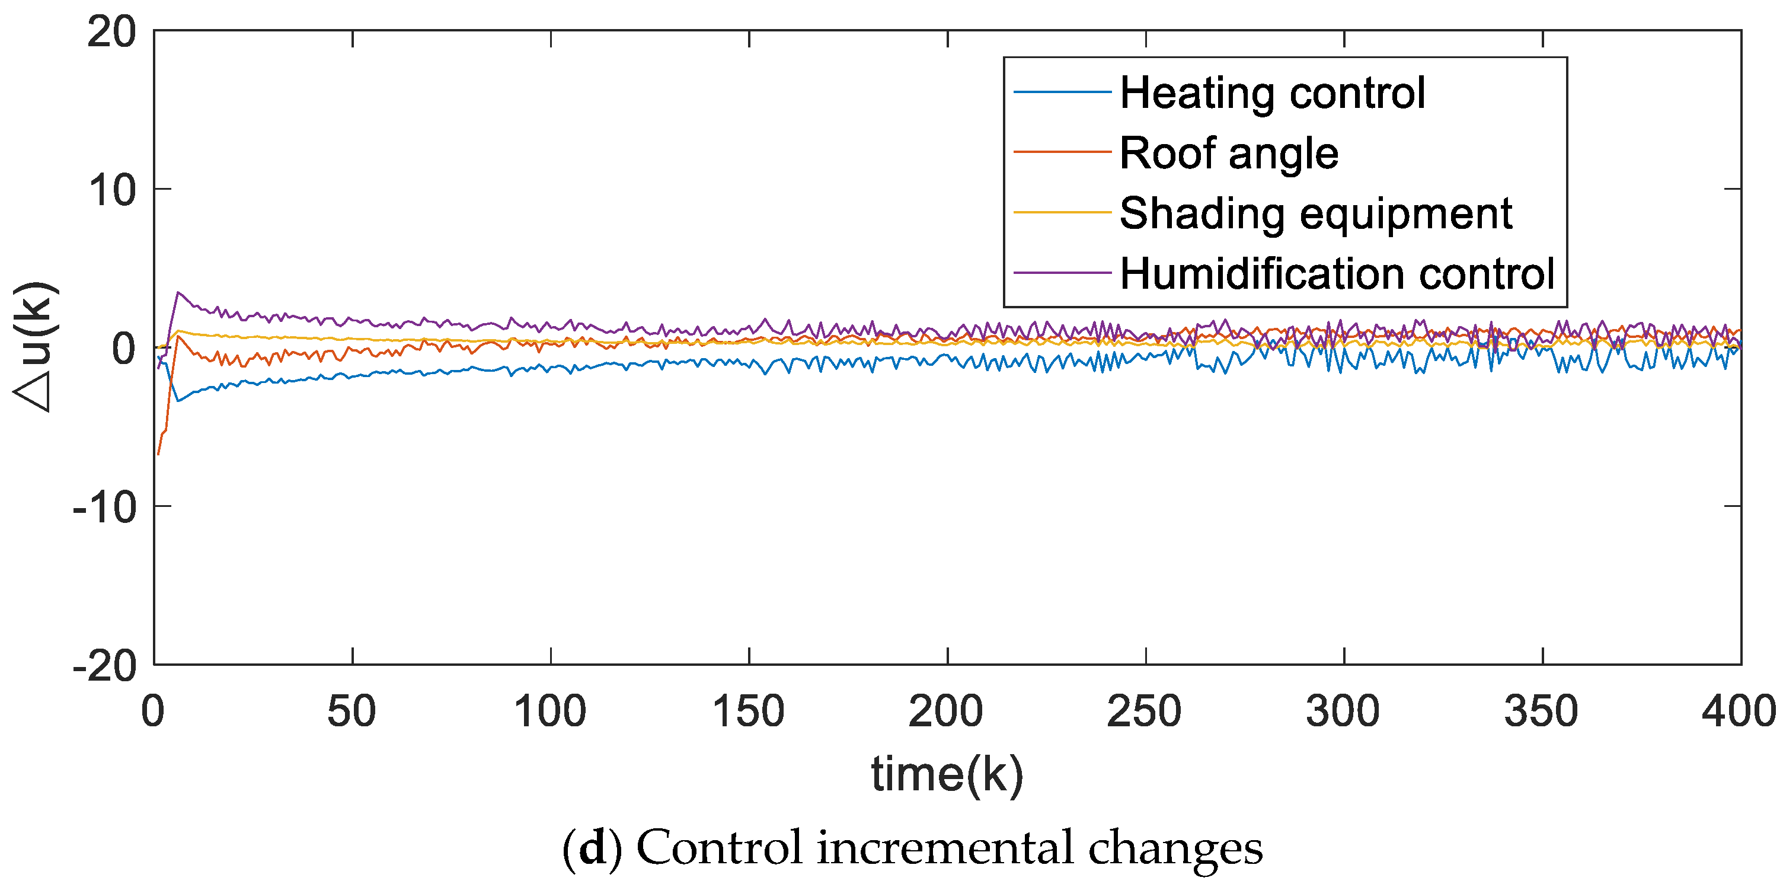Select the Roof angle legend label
tap(1229, 153)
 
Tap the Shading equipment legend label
tap(1316, 213)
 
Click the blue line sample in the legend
tap(1062, 92)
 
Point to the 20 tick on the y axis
tap(111, 32)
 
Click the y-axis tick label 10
tap(111, 190)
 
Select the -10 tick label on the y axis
tap(104, 508)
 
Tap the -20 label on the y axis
tap(104, 666)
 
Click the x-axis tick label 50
tap(352, 711)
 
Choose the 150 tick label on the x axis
tap(748, 711)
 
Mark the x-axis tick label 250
tap(1144, 711)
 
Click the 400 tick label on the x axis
tap(1738, 711)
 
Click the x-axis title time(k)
tap(947, 774)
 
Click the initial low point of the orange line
tap(158, 454)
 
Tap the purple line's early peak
tap(178, 292)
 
